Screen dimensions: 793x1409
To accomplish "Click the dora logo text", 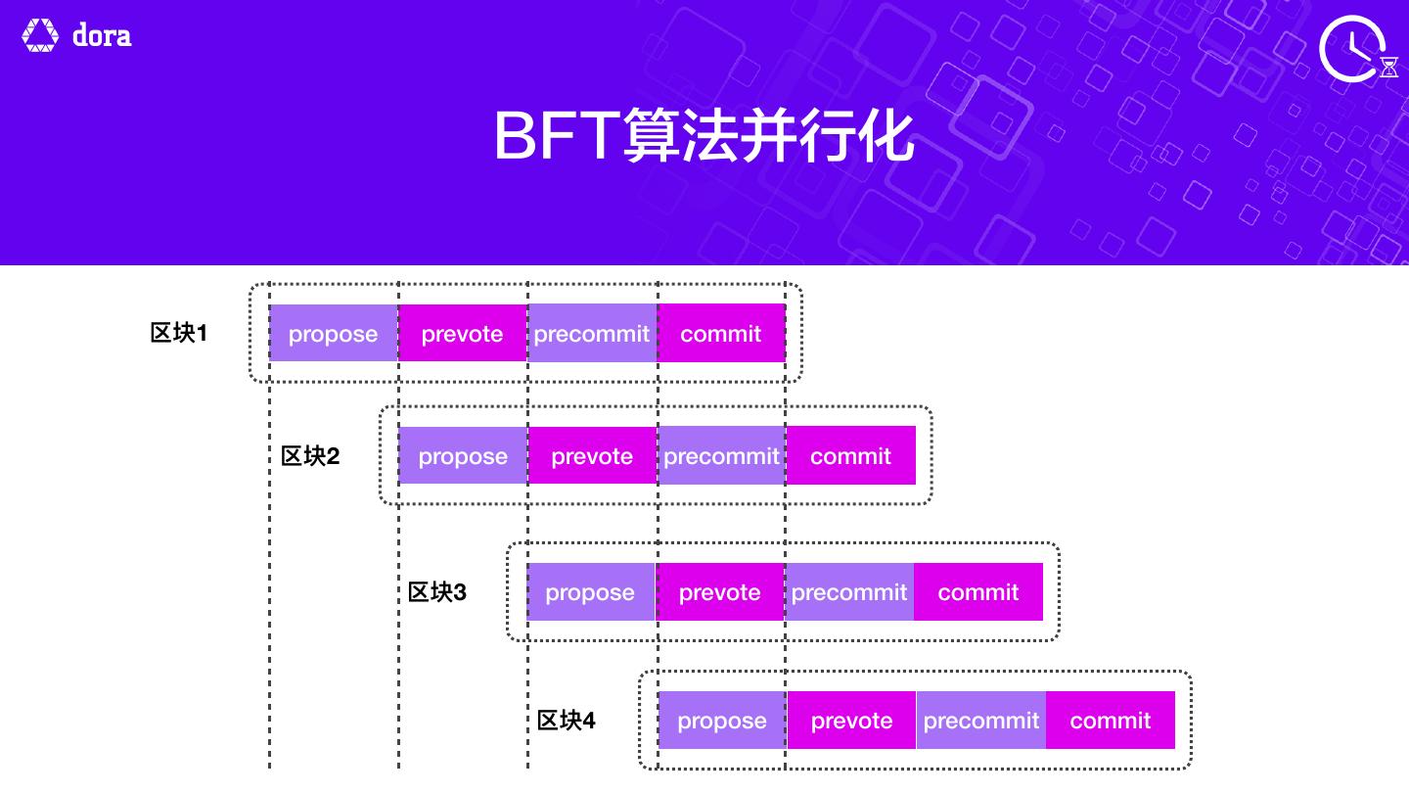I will [x=102, y=36].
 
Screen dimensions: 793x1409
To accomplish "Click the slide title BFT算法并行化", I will [x=704, y=136].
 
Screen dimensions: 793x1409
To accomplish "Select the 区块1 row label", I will [x=179, y=333].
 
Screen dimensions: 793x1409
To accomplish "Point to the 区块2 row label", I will [x=310, y=456].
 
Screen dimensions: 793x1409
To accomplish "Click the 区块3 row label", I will [x=437, y=592].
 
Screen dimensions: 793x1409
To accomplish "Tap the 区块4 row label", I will [x=567, y=721].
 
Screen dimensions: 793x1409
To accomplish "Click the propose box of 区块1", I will [x=333, y=333].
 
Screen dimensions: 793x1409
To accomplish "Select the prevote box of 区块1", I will [x=462, y=333].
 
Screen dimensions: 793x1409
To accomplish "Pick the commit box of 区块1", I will [x=721, y=333].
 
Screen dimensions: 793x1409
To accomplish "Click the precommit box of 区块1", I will [x=592, y=333].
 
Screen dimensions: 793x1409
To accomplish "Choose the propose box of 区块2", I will [x=463, y=455].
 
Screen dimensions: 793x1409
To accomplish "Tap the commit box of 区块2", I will [x=851, y=455].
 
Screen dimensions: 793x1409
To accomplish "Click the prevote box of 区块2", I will [x=592, y=455].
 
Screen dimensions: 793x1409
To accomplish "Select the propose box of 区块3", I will [x=590, y=591].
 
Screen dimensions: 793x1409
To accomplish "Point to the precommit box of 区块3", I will [x=849, y=591].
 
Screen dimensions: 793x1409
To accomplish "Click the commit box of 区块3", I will [x=978, y=591].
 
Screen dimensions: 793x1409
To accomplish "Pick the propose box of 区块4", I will [x=722, y=720].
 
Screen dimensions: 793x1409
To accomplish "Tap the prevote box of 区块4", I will [x=851, y=720].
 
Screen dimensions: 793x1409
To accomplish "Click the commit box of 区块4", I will [x=1111, y=720].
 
